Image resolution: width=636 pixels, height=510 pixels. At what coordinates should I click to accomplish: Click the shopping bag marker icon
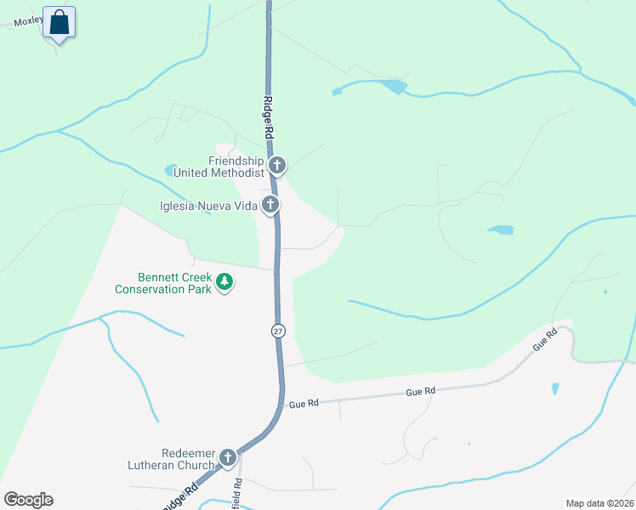[x=59, y=22]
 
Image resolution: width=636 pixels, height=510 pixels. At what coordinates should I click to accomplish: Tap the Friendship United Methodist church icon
[x=276, y=165]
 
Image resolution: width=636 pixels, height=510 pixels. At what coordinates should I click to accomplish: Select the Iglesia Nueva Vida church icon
[x=270, y=204]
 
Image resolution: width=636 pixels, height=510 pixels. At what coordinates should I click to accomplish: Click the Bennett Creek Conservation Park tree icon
[x=224, y=281]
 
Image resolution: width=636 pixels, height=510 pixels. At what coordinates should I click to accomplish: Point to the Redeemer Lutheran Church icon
[x=227, y=458]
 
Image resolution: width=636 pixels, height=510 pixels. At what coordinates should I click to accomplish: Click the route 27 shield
[x=278, y=331]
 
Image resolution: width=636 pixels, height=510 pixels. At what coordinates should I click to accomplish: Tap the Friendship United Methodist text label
[x=220, y=167]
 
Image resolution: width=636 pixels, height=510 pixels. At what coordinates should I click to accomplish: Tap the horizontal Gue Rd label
[x=420, y=392]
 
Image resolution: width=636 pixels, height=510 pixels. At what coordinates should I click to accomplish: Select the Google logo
[x=28, y=500]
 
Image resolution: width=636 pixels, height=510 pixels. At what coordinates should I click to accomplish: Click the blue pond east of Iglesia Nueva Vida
[x=501, y=229]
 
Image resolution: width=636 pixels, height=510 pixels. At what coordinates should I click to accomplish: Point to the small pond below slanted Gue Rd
[x=555, y=388]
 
